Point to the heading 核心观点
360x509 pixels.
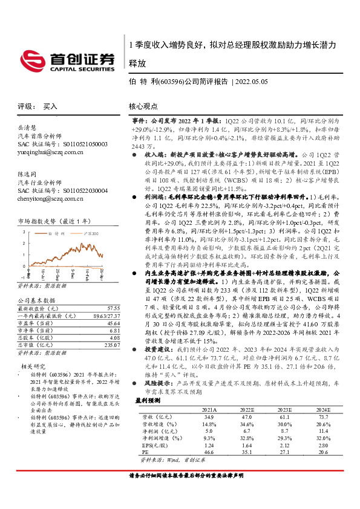(143, 105)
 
